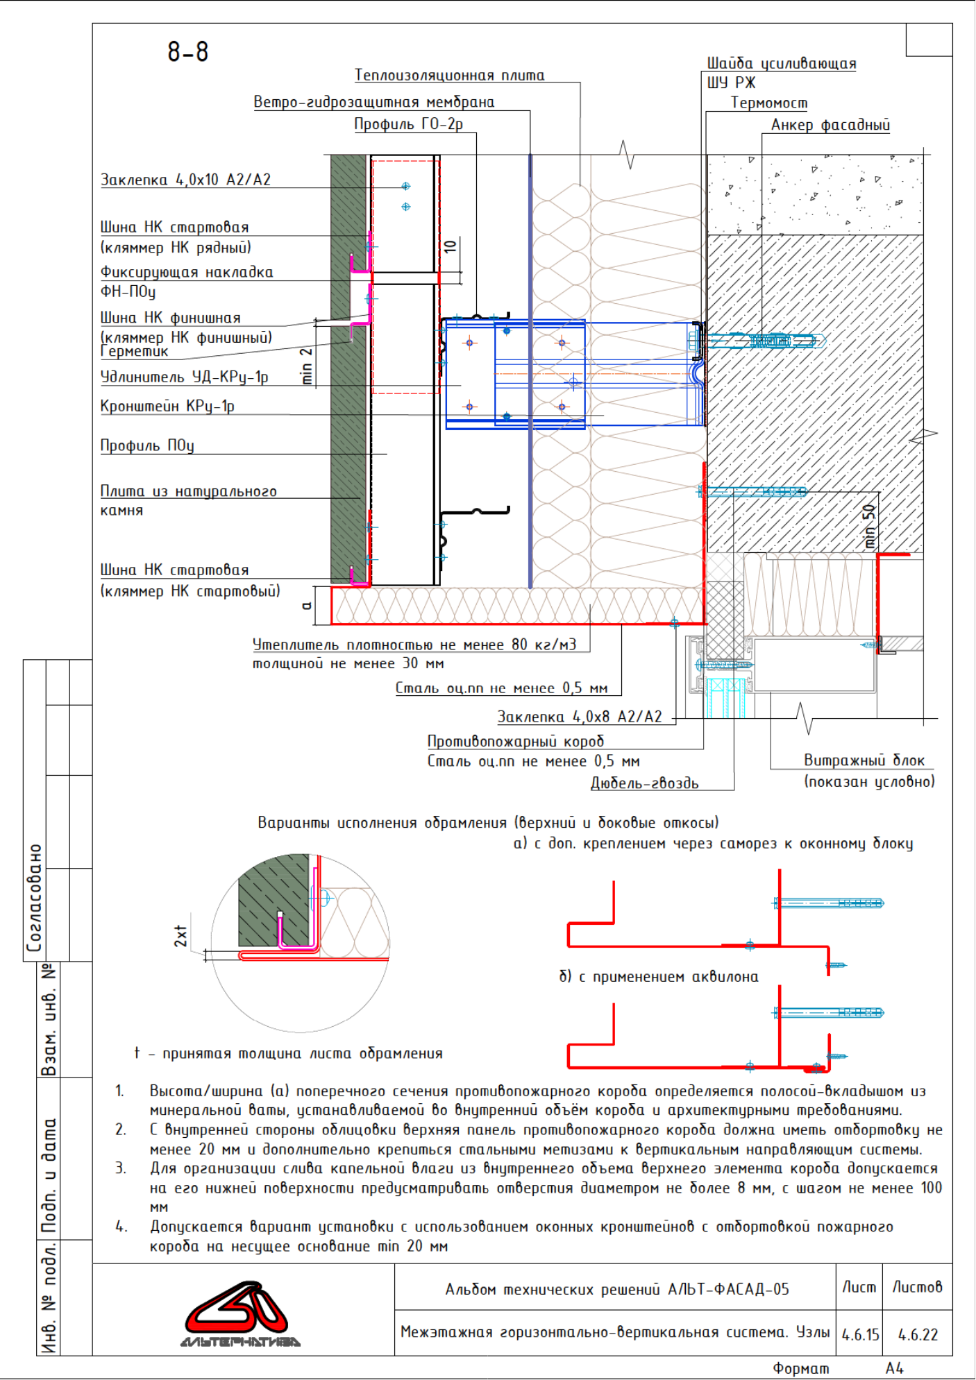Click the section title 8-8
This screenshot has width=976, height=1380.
coord(188,52)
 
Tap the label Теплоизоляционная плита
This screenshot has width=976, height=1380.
coord(450,75)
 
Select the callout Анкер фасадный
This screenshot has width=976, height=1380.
coord(830,125)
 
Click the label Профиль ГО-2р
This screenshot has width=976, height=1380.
coord(409,124)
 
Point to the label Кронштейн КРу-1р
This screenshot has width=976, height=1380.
coord(167,406)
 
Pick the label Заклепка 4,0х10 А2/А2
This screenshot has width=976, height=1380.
coord(186,180)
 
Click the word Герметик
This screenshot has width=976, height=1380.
coord(135,352)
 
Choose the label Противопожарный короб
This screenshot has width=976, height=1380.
coord(516,741)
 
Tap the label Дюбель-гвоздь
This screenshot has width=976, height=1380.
coord(645,783)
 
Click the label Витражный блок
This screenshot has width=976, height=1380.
coord(864,760)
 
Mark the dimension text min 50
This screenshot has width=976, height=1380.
coord(869,527)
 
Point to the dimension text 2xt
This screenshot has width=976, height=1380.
coord(180,936)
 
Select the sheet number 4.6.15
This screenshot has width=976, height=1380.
coord(860,1334)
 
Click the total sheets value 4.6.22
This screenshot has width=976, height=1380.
coord(918,1334)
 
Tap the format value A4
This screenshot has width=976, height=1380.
coord(895,1368)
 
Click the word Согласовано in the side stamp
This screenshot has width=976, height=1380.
coord(34,898)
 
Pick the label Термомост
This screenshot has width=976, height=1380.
coord(769,103)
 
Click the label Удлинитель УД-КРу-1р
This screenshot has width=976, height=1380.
coord(185,377)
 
